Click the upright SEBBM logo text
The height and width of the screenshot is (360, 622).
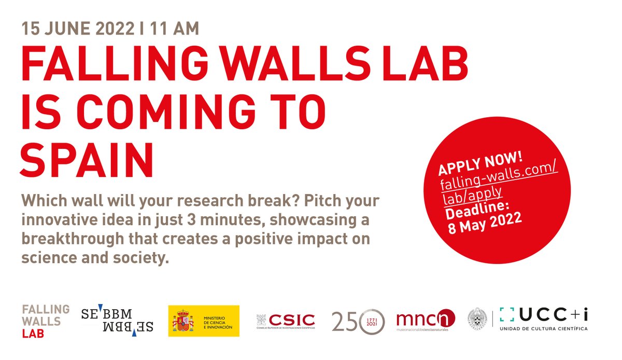[107, 314]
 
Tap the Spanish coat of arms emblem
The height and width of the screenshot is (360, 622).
[182, 321]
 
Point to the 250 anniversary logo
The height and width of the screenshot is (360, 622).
[358, 321]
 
